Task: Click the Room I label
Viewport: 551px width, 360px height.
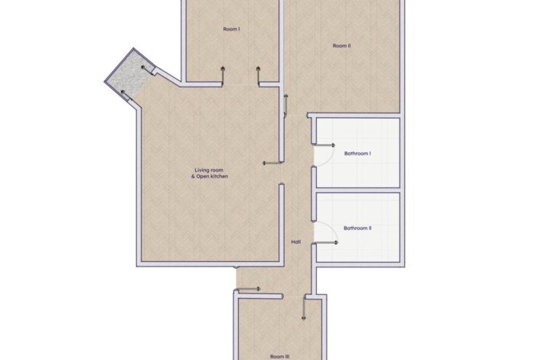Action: pos(232,29)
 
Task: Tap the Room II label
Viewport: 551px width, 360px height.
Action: pos(341,46)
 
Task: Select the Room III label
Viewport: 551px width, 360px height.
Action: pos(280,356)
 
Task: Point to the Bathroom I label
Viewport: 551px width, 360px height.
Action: pos(357,154)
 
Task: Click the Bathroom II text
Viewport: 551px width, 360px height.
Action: pos(357,228)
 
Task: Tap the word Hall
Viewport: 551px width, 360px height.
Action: pos(296,242)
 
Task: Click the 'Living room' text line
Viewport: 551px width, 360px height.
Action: pos(209,170)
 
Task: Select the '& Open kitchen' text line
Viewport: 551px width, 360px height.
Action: pos(210,176)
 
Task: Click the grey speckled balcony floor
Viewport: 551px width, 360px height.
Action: pos(129,75)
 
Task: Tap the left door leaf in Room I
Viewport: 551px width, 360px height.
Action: pos(223,75)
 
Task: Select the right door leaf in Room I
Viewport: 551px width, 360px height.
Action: pos(259,75)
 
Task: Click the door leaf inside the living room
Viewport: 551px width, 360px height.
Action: pos(272,163)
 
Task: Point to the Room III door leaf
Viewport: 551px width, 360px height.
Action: pos(304,308)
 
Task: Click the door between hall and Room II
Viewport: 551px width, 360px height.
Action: pos(285,105)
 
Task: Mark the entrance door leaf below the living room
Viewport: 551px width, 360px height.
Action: pos(247,290)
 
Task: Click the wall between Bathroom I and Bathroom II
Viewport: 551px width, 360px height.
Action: pos(358,190)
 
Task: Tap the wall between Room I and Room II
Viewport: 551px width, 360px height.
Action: pos(281,42)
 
